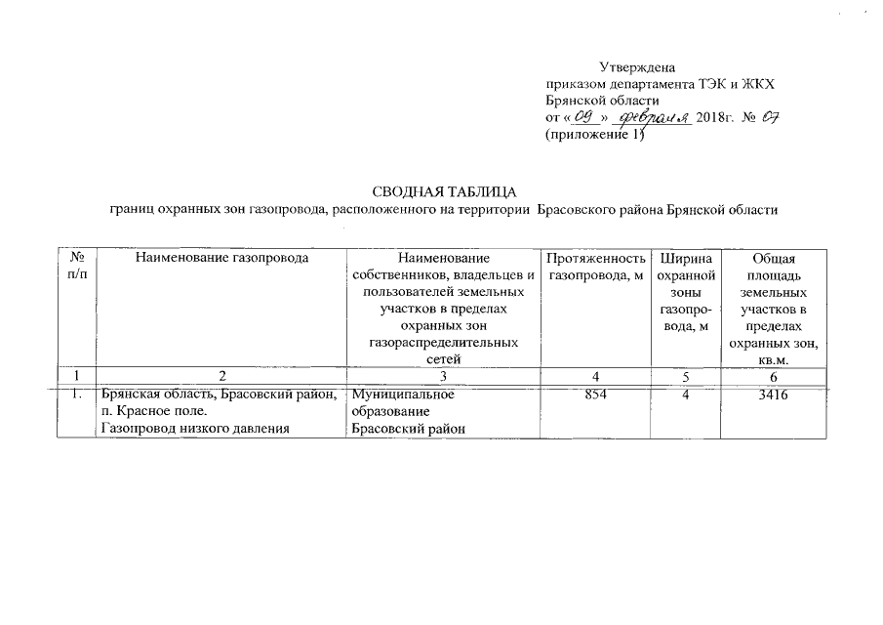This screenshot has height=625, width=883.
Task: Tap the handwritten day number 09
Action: click(584, 117)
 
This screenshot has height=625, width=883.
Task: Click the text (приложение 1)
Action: click(595, 135)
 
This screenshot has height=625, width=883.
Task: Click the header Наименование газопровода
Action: click(222, 259)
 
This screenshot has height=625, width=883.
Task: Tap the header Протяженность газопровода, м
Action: click(596, 267)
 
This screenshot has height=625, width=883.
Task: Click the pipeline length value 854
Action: click(596, 395)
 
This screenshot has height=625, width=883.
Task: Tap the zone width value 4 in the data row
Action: click(688, 395)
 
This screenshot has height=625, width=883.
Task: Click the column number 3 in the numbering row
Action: click(444, 376)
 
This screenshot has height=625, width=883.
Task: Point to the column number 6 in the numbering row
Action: click(774, 376)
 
